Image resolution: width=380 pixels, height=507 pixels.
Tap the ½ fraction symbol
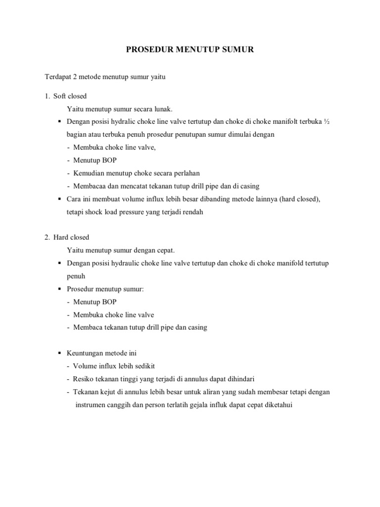click(x=326, y=122)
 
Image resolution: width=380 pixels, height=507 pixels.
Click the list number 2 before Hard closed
click(x=47, y=238)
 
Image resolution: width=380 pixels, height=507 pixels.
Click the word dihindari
click(x=239, y=379)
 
